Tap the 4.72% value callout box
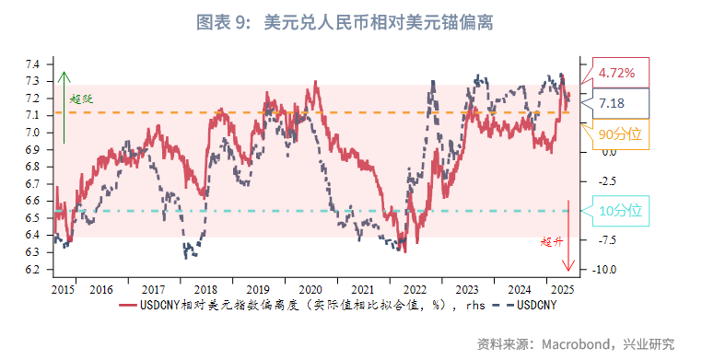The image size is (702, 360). [x=616, y=73]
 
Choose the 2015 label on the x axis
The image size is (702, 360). [x=64, y=289]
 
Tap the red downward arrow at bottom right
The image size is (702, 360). [x=568, y=235]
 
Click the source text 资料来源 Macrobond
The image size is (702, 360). [x=575, y=343]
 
